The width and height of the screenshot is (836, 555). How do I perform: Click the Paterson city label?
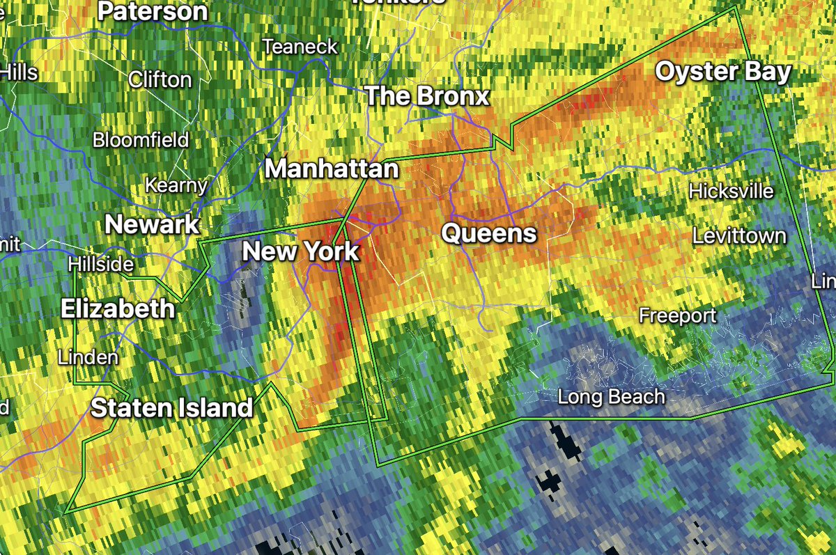point(153,11)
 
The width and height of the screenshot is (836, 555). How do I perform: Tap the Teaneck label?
point(300,47)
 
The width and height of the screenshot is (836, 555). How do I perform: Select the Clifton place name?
point(160,79)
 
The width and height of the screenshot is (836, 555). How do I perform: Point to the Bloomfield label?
point(141,140)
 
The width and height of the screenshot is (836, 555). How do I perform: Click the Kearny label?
point(176,186)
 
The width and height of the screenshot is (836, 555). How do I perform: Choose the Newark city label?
point(152,224)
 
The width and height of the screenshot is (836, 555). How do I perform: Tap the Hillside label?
point(101,265)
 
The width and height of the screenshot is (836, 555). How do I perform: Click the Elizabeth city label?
point(118,308)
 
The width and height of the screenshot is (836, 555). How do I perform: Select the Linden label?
point(88,357)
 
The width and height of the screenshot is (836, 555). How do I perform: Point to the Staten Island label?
point(171,408)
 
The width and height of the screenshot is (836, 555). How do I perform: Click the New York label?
point(300,251)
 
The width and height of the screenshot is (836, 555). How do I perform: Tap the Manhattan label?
point(332,169)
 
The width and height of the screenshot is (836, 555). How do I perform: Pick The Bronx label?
point(428,96)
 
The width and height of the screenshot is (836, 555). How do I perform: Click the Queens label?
point(490,234)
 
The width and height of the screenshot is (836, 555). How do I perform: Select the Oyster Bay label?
point(724,72)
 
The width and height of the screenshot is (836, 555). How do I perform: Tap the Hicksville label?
point(731,191)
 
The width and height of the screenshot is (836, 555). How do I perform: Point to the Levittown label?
point(739,237)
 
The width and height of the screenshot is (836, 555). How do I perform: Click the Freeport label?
point(678,316)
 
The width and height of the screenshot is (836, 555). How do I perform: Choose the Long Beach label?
point(612,397)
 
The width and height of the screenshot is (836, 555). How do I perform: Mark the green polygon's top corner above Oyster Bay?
point(737,8)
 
